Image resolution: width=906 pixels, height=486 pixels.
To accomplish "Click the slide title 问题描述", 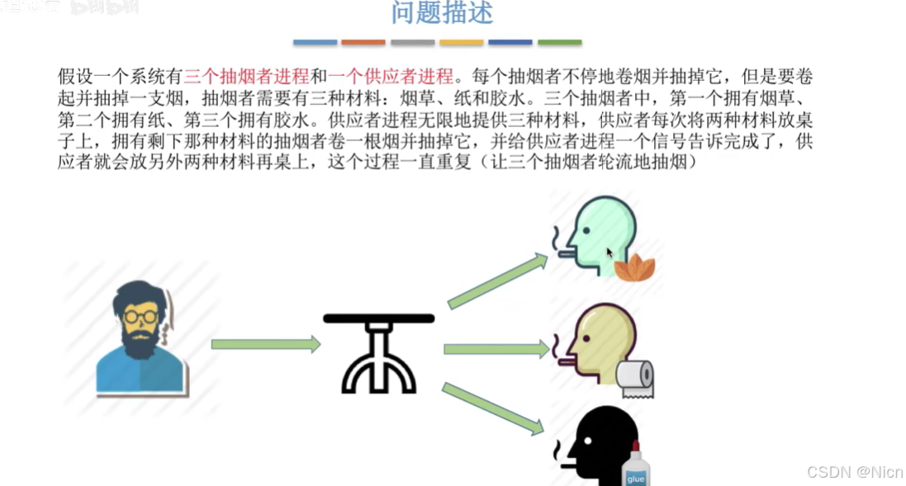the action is tap(442, 13).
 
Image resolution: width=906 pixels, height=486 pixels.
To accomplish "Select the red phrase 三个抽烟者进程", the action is tap(246, 77).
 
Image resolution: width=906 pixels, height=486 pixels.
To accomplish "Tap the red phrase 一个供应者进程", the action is tap(391, 77).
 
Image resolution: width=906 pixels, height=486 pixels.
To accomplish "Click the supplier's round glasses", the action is tap(142, 315).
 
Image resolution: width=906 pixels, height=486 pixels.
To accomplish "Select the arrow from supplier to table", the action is tap(265, 344).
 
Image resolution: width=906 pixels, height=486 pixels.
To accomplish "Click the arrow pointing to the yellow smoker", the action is tap(496, 349).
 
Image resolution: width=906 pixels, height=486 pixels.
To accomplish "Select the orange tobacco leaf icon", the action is tap(635, 267).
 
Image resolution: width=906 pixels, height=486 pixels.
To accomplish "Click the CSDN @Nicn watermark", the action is tap(854, 472).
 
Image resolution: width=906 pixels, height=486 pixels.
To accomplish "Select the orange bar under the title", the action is tap(363, 42).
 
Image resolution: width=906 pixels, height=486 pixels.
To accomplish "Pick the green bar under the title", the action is tap(559, 42).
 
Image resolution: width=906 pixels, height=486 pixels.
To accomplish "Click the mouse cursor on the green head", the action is tap(610, 253).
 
